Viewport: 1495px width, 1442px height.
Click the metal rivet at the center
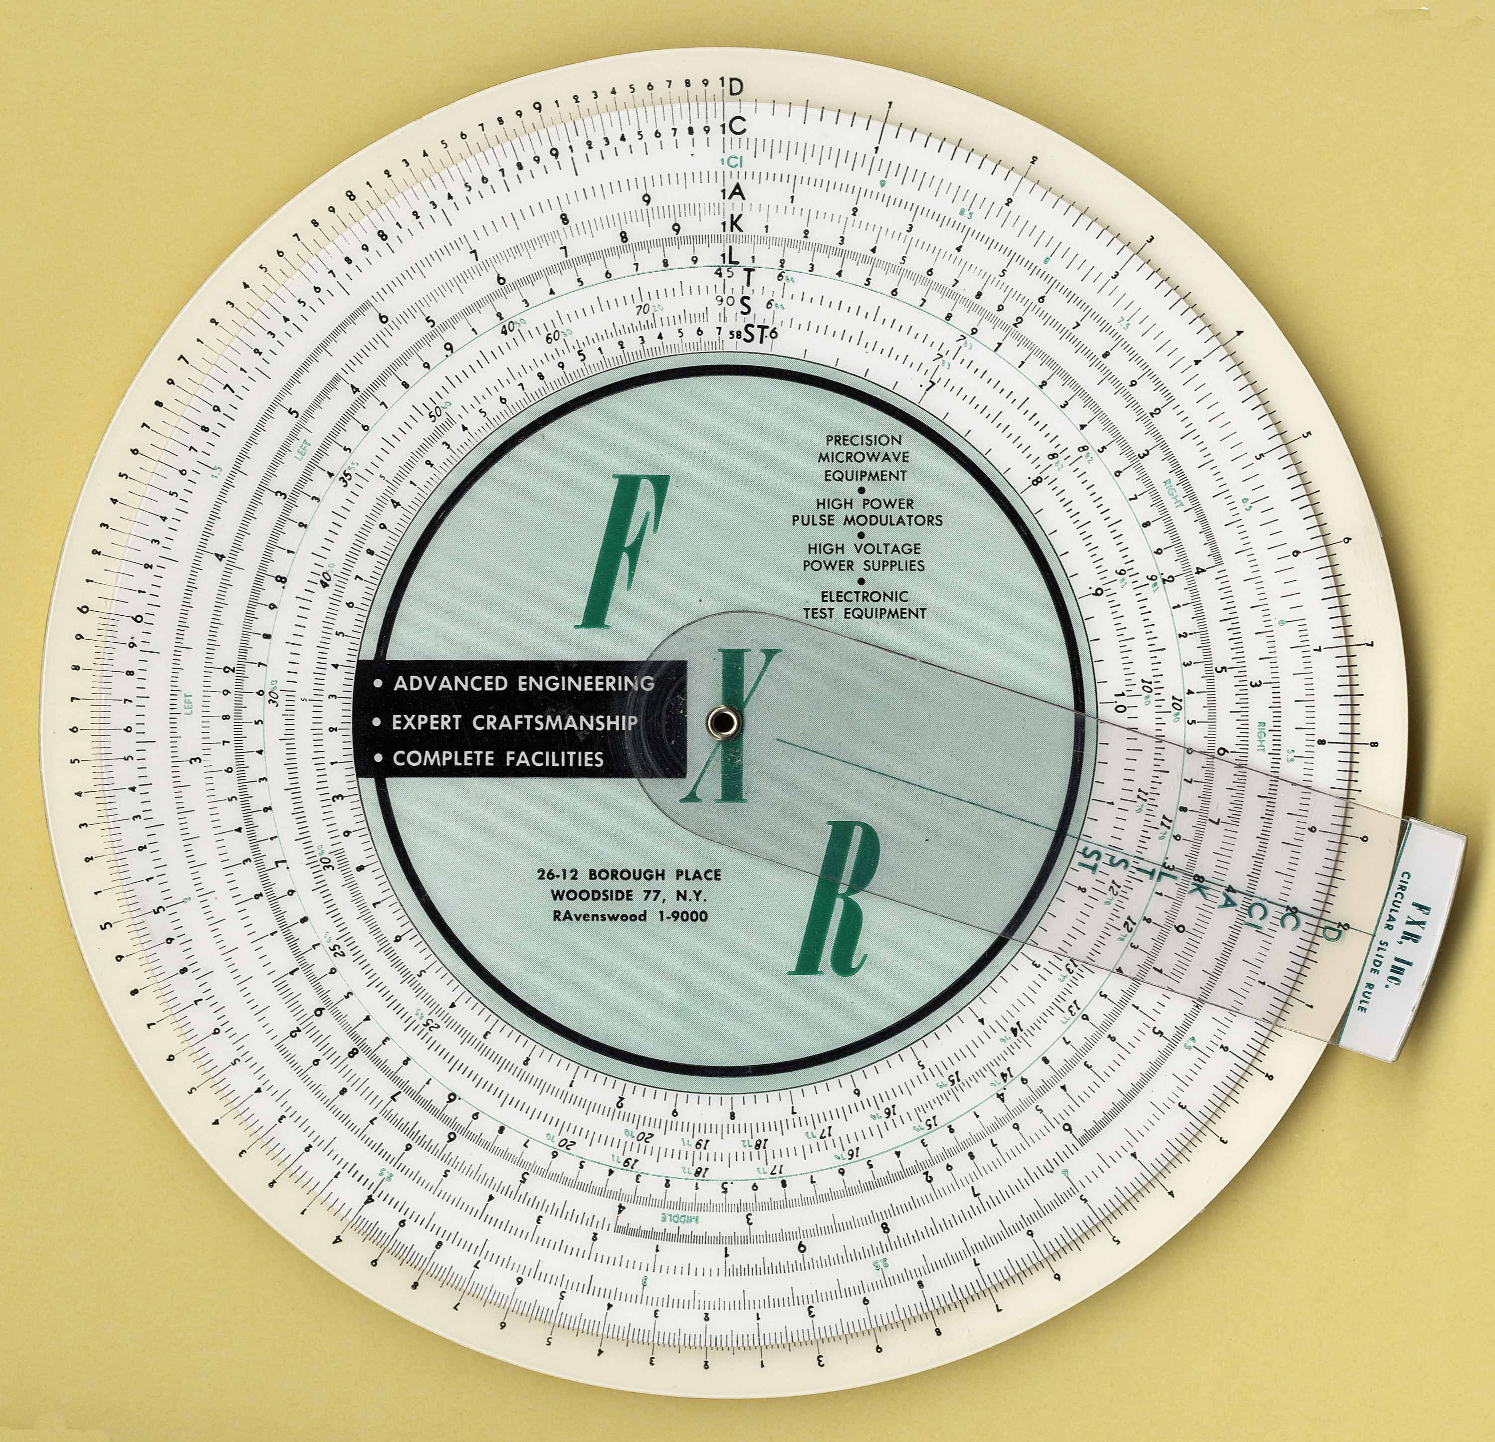click(x=718, y=719)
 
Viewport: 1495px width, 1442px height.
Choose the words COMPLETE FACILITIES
click(x=497, y=759)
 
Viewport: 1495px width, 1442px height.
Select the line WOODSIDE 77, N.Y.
click(x=629, y=895)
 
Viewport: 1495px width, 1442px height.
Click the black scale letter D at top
click(x=735, y=88)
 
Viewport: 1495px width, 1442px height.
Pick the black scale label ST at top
click(x=754, y=333)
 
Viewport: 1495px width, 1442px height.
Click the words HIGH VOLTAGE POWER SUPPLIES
click(x=864, y=556)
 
